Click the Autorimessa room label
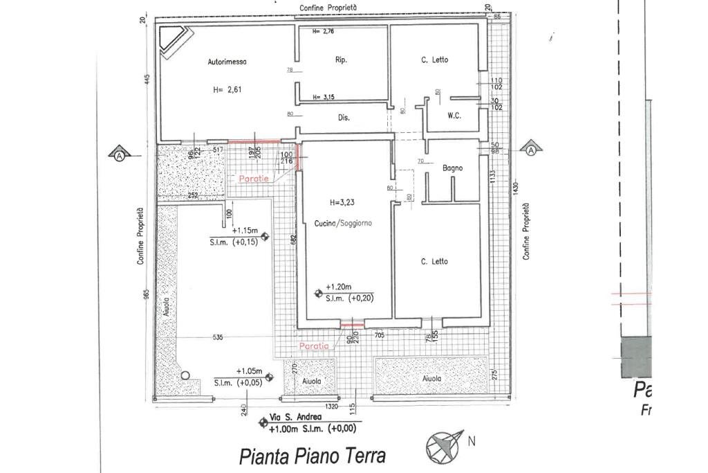tap(227, 62)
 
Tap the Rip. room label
tap(341, 60)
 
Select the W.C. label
tap(454, 116)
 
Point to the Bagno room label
tap(453, 168)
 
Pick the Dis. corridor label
tap(344, 118)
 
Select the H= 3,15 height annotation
tap(324, 98)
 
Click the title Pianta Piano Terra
tap(312, 457)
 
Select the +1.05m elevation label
tap(249, 371)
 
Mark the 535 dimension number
tap(218, 338)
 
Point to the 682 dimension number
tap(293, 239)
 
